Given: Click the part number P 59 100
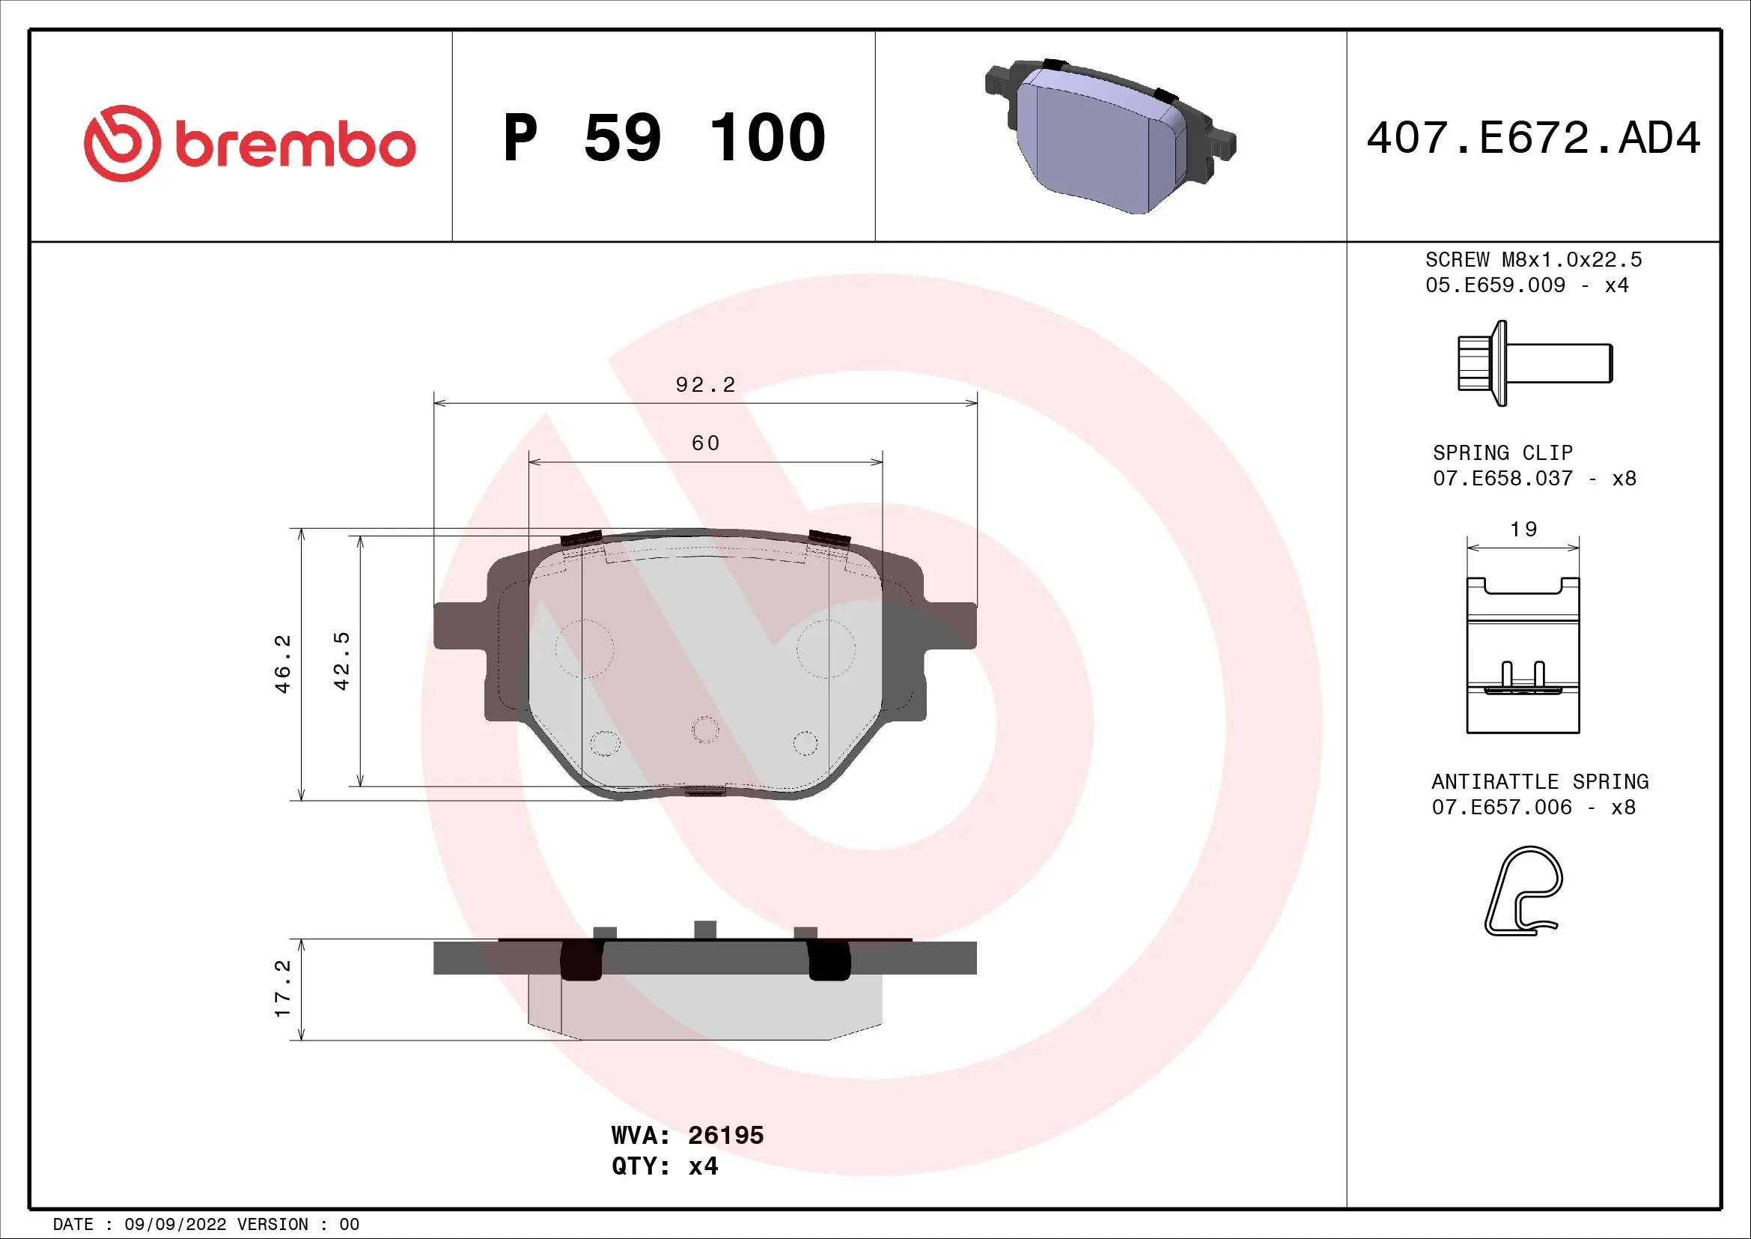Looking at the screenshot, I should pos(663,138).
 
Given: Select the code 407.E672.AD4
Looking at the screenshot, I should pos(1533,138).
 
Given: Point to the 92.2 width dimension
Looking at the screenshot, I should pos(705,384).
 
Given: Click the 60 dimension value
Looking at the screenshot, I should pos(705,443).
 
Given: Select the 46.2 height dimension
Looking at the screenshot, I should pos(283,663).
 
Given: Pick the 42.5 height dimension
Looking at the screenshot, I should pos(341,661).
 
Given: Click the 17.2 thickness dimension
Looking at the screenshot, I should pos(283,989).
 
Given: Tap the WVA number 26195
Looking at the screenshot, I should pos(725,1135).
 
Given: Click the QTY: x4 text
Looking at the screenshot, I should pos(664,1166).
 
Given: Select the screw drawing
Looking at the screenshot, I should pos(1534,363).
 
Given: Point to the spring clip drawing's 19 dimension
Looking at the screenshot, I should pos(1523,530).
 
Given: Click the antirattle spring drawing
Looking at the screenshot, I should pos(1523,891).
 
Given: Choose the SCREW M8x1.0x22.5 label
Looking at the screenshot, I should pos(1533,260).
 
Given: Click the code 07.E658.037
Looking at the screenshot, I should pos(1502,479).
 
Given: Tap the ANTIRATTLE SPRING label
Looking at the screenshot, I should pos(1540,782).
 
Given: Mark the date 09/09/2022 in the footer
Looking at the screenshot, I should pos(174,1225).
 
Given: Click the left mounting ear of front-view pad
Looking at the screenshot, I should pos(457,625).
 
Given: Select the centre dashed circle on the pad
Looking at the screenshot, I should pos(705,730).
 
